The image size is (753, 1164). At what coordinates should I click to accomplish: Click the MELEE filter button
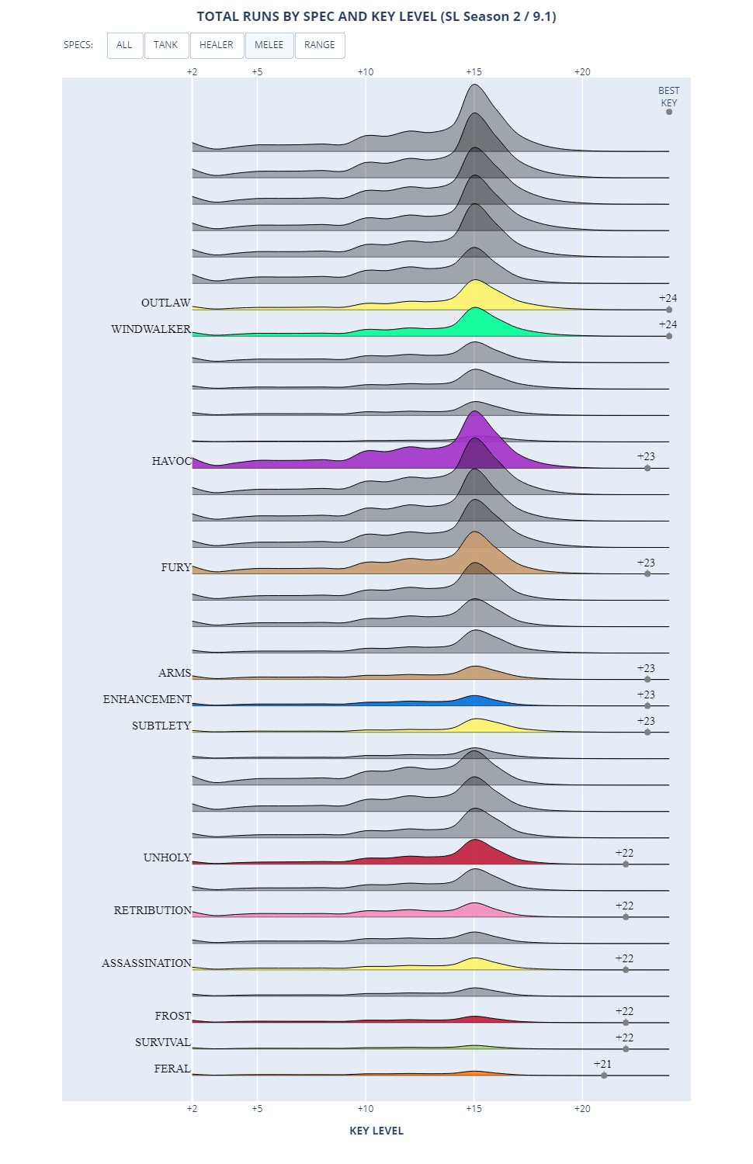pos(269,45)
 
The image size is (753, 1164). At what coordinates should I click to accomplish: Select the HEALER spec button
pos(217,45)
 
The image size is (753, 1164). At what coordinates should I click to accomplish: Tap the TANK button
pos(165,45)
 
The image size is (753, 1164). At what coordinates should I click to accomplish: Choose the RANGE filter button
pos(320,45)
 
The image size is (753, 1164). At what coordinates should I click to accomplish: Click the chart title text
pos(376,16)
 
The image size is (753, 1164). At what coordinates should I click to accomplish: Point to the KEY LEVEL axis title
pos(376,1131)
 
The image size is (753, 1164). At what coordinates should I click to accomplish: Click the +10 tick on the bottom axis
pos(366,1109)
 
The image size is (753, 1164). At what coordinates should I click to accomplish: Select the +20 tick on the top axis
pos(582,71)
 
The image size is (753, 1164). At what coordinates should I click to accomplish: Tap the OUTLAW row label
pos(165,303)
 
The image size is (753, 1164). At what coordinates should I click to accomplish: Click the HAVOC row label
pos(172,461)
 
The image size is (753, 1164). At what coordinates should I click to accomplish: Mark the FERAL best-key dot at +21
pos(604,1076)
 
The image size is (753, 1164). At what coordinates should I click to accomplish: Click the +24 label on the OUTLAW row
pos(668,298)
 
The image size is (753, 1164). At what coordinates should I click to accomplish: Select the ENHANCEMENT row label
pos(147,699)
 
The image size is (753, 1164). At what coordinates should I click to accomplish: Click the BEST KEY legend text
pos(668,96)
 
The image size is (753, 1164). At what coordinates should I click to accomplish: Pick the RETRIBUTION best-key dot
pos(626,917)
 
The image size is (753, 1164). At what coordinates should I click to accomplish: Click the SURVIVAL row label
pos(162,1042)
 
